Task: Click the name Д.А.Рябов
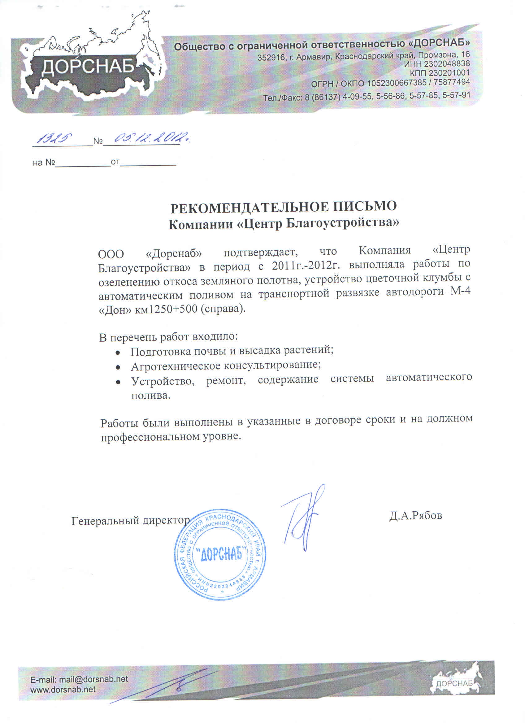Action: [x=415, y=515]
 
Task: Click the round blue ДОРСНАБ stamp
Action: [x=221, y=555]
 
